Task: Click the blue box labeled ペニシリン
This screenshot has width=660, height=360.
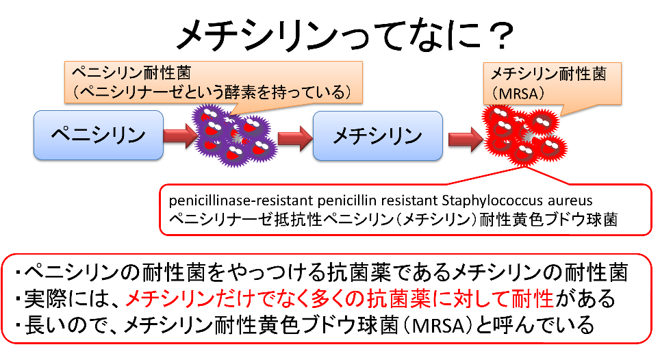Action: click(99, 135)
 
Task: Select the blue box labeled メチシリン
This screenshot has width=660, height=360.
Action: click(377, 136)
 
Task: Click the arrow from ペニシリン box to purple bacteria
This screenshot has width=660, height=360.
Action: click(180, 136)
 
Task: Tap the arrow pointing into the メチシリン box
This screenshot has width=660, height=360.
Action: click(295, 138)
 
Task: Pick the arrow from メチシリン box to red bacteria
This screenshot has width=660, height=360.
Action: click(466, 139)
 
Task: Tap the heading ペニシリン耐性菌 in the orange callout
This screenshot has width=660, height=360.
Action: click(131, 73)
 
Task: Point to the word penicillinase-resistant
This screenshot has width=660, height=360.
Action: click(241, 201)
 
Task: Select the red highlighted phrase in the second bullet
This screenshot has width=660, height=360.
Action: click(340, 298)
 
